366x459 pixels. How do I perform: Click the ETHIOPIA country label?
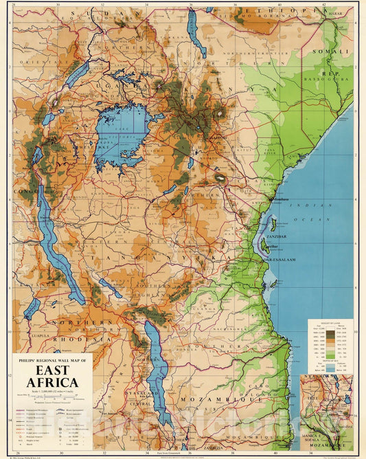[300, 11]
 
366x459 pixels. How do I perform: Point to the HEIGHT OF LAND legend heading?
[330, 324]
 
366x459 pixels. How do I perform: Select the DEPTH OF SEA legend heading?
[330, 359]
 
